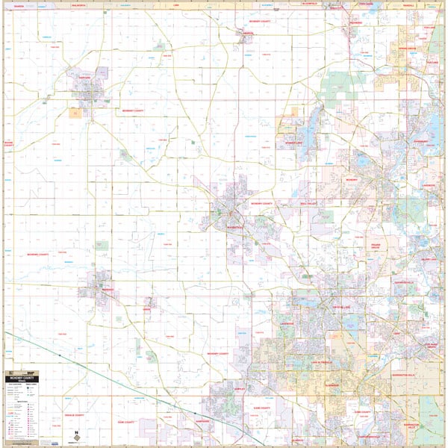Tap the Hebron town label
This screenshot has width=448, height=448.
click(x=246, y=33)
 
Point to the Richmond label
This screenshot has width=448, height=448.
click(x=355, y=22)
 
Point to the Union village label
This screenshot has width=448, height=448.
click(x=146, y=308)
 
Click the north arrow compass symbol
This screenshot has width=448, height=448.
click(x=76, y=434)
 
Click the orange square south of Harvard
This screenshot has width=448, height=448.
click(x=75, y=113)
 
